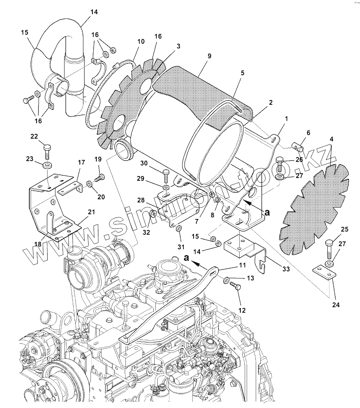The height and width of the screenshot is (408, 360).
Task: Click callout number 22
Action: pos(34,136)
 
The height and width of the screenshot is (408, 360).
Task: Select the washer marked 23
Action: pos(47,164)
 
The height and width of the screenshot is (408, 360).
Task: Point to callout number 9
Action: pos(209,56)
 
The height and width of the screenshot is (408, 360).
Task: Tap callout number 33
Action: pos(286,269)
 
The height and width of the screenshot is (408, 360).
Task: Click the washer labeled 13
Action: pos(227,280)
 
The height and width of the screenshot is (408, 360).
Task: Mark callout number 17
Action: pos(81,162)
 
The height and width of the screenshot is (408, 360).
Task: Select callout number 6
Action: pos(308,133)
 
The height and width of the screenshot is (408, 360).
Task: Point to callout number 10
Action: pos(141,41)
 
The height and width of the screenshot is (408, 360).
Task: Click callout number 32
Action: pos(146,233)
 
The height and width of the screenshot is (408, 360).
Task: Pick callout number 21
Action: pos(91,212)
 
